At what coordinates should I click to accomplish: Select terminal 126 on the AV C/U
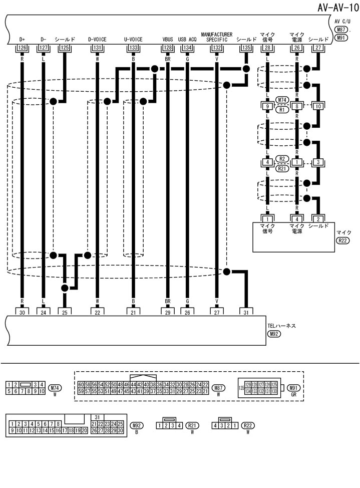tap(22, 48)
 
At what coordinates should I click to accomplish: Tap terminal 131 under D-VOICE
tap(97, 48)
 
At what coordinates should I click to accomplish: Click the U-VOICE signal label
tap(133, 39)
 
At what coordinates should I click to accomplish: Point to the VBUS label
tap(168, 39)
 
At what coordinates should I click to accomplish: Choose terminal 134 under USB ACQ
tap(187, 48)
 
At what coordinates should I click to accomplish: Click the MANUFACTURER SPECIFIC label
tap(216, 37)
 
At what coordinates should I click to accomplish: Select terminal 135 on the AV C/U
tap(246, 48)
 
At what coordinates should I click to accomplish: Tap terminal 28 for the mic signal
tap(268, 48)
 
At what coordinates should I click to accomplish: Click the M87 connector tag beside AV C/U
tap(342, 30)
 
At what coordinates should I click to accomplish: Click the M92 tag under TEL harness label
tap(274, 334)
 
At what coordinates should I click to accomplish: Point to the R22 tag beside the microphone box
tap(342, 241)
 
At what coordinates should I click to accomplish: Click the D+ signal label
tap(22, 39)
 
